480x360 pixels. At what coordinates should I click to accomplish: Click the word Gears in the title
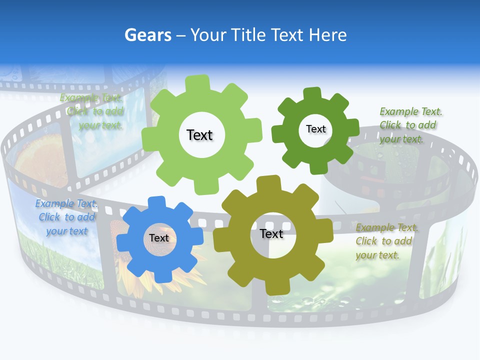147,35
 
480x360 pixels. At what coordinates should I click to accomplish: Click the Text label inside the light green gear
199,135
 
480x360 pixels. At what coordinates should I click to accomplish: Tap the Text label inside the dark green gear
315,129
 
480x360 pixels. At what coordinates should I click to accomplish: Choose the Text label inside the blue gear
159,238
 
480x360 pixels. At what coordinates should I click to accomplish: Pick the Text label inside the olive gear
271,233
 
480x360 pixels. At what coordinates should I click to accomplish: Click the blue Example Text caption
66,217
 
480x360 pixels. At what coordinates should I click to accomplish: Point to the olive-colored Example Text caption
387,241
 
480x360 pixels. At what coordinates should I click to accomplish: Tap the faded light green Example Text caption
92,111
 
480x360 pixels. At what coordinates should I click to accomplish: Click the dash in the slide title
181,35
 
